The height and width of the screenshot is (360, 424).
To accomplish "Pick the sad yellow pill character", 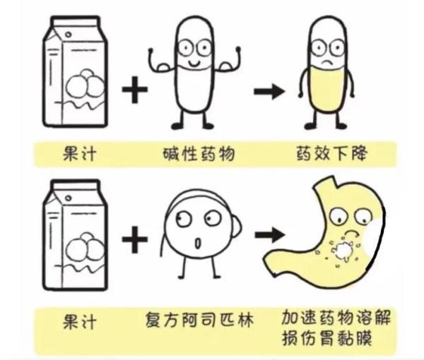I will (327, 78).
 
